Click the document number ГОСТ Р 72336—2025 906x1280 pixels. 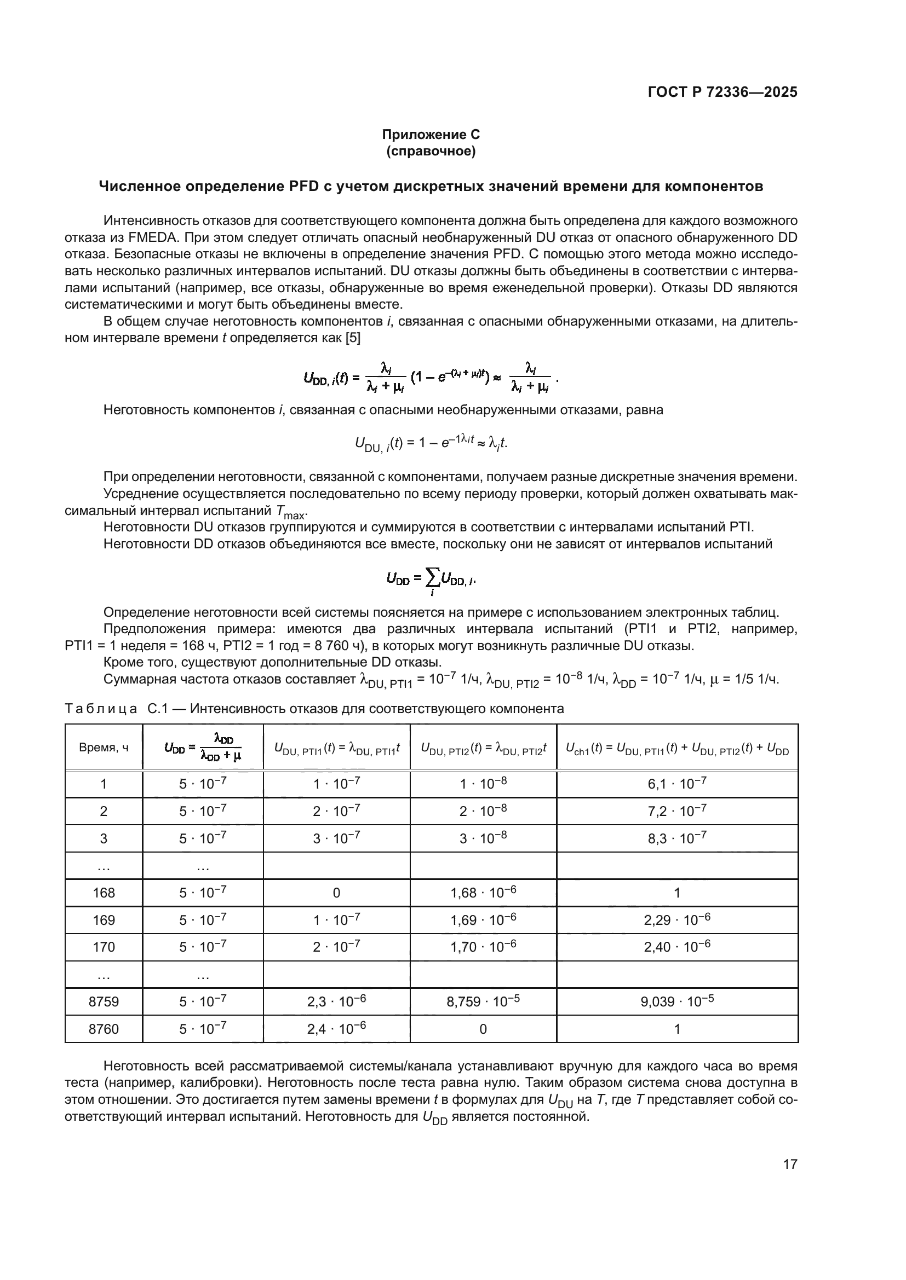tap(722, 92)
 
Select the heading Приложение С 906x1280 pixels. tap(431, 135)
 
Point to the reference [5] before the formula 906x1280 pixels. tap(353, 338)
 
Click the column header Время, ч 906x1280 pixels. tap(104, 748)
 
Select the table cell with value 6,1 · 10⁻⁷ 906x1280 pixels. tap(676, 784)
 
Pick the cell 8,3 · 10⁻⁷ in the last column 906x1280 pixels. tap(676, 838)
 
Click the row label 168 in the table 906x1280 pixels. tap(104, 893)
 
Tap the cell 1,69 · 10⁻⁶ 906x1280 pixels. tap(483, 920)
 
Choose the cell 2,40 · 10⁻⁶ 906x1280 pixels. tap(676, 947)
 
